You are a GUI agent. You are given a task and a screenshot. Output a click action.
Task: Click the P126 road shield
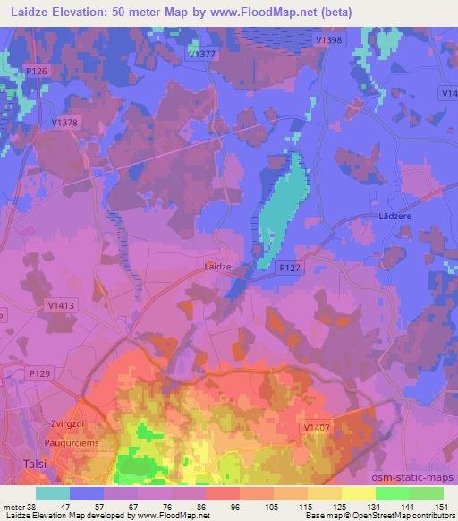37,71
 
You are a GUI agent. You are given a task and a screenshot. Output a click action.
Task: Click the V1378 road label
64,123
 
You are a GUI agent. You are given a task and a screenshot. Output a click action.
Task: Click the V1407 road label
317,429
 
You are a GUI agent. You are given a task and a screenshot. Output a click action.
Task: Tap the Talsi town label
31,464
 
